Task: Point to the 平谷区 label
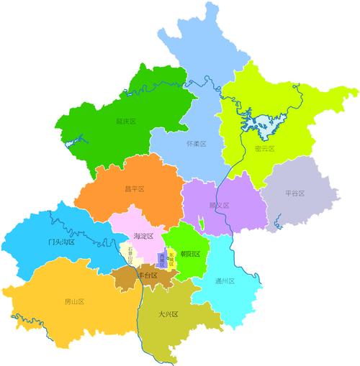coord(295,193)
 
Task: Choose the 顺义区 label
coord(218,206)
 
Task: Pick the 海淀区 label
coord(145,236)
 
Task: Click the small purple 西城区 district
coord(163,260)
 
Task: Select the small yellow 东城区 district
coord(171,258)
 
